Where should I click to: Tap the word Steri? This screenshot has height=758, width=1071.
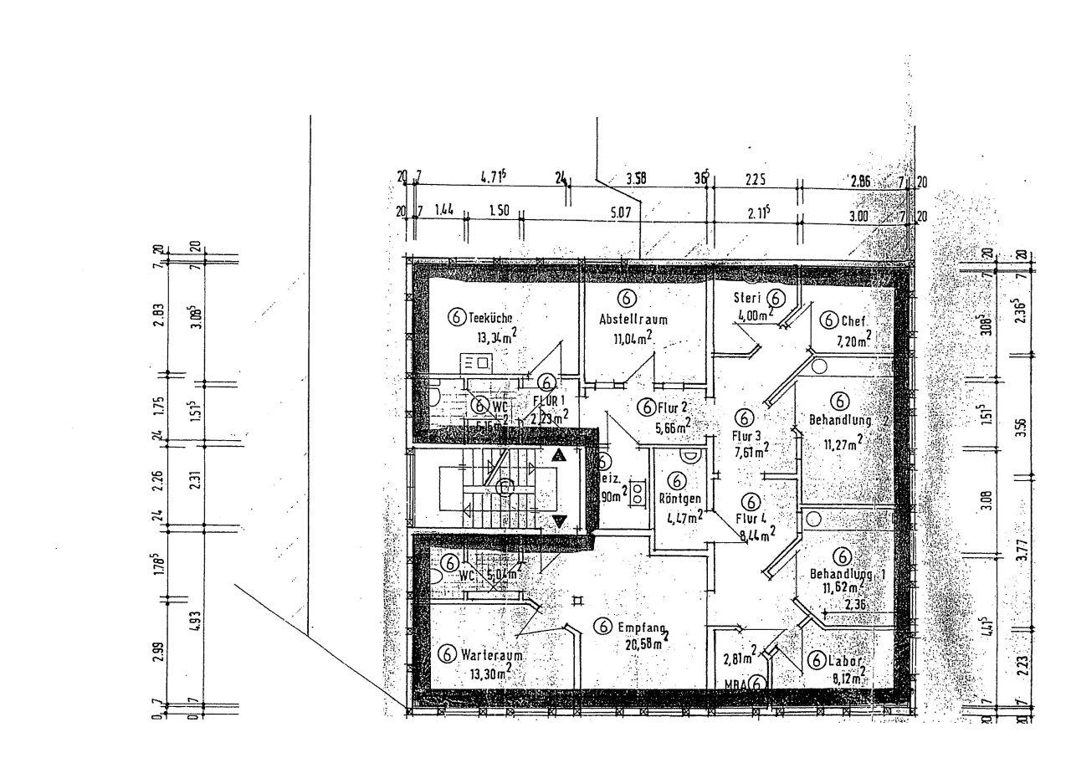(x=746, y=298)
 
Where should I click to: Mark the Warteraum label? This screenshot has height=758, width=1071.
(x=492, y=655)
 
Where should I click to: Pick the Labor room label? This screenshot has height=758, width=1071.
(x=846, y=660)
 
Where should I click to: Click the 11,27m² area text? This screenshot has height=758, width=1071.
(x=843, y=443)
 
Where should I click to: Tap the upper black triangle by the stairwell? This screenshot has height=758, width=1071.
(x=559, y=456)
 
